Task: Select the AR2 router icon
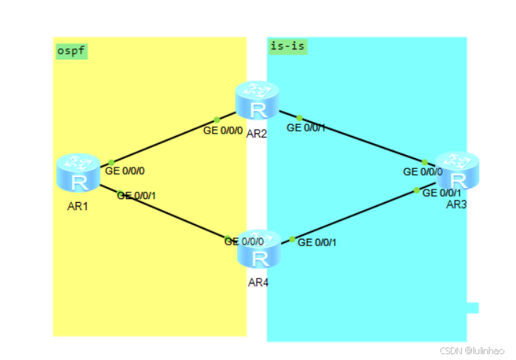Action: (258, 101)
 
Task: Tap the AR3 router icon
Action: (457, 171)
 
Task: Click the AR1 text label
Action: (78, 206)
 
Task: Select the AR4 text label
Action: (258, 282)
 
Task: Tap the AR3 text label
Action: (457, 204)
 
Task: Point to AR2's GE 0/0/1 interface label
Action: (306, 128)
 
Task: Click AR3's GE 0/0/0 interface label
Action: (423, 172)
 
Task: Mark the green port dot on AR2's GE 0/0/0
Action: (217, 120)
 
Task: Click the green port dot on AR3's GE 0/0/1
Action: (417, 190)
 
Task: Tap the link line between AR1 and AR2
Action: (164, 141)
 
